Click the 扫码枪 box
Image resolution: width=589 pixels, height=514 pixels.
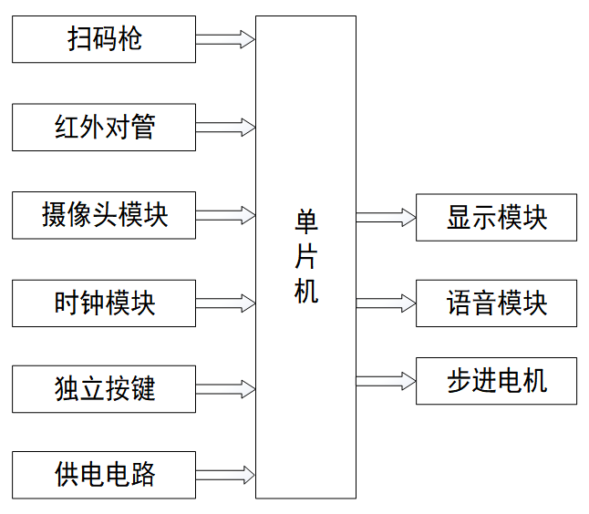point(104,39)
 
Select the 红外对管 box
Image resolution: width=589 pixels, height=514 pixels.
point(104,128)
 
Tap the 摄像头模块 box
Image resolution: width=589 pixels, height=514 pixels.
point(104,215)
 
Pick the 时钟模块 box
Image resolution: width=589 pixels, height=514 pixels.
point(104,303)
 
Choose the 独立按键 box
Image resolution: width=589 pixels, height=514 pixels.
point(104,389)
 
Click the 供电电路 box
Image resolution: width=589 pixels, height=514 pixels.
point(104,474)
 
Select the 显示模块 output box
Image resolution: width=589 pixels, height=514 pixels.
point(496,218)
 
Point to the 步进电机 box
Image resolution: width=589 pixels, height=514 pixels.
point(496,381)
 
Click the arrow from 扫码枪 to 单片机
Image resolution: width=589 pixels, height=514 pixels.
point(225,39)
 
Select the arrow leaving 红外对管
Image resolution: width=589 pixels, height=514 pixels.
point(225,127)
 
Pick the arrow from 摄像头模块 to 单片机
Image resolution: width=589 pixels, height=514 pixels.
point(225,215)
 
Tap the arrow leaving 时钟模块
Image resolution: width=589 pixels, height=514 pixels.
point(225,303)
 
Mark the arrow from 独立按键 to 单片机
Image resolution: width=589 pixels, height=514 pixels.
point(225,389)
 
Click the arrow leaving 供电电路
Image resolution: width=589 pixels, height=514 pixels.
point(225,474)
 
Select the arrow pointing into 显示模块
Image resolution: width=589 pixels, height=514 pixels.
point(386,218)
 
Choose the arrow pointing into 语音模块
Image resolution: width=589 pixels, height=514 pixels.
point(386,303)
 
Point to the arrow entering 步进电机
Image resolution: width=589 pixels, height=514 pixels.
point(386,380)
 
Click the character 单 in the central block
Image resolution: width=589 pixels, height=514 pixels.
point(305,222)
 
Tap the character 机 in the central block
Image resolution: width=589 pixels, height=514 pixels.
point(305,291)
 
